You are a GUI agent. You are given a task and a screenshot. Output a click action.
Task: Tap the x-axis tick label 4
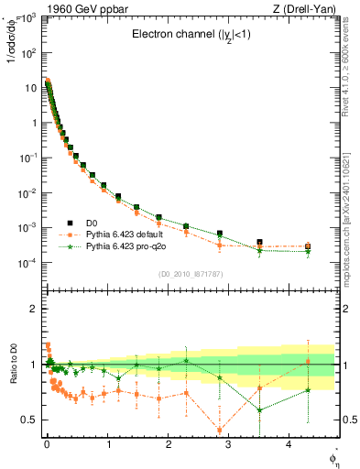pos(289,444)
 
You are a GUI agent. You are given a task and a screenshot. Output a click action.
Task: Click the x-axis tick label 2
pos(168,444)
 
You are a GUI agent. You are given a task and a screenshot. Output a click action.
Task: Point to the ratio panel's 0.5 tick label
pos(27,420)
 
